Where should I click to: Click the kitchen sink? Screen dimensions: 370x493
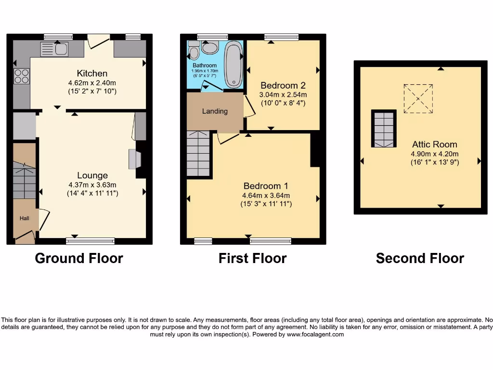(x=54, y=49)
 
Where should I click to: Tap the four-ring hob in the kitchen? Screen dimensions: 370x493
(x=22, y=76)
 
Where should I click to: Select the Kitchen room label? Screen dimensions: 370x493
(x=92, y=73)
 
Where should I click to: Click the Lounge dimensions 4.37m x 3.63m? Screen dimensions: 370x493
(x=92, y=185)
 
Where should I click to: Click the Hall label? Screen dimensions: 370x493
(x=24, y=218)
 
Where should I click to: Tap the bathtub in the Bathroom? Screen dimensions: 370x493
(x=234, y=64)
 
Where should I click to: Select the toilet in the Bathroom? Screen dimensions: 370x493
(x=194, y=50)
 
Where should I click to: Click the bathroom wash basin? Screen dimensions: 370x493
(x=210, y=47)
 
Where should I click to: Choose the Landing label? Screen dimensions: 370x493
(x=215, y=111)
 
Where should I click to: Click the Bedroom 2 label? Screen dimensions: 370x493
(x=283, y=86)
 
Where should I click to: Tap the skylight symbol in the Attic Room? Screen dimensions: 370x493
(x=418, y=99)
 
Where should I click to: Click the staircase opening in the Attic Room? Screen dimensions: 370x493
(x=384, y=129)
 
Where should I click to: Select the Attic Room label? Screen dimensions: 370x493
(x=434, y=144)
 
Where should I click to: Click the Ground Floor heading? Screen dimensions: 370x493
(x=79, y=258)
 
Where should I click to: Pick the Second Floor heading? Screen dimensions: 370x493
(x=420, y=258)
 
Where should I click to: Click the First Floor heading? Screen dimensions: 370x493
(x=252, y=258)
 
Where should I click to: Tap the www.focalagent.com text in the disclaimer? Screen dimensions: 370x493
(x=315, y=334)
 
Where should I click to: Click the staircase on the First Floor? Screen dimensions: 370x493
(x=198, y=154)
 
